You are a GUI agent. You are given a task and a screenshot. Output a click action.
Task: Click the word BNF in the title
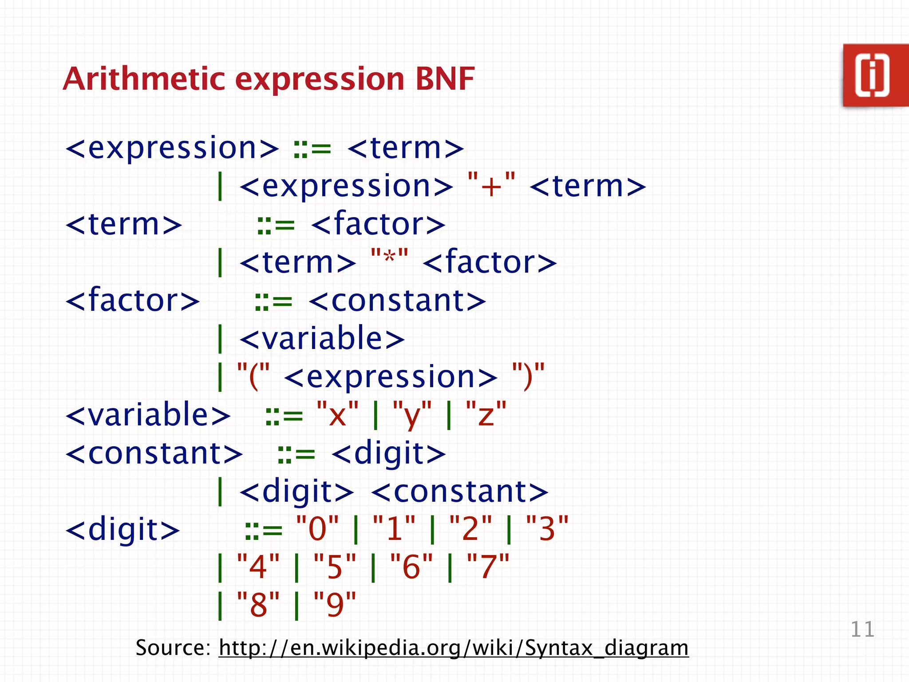[445, 79]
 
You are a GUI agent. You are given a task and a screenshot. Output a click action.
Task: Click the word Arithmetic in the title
[144, 79]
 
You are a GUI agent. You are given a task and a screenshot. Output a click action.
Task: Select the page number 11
[862, 630]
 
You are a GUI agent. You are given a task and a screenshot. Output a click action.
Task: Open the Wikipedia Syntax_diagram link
[453, 648]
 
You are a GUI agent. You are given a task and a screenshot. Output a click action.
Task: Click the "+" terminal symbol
[491, 186]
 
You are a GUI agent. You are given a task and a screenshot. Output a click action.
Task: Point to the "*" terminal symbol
[389, 261]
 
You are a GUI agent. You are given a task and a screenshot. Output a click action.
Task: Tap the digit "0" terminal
[317, 529]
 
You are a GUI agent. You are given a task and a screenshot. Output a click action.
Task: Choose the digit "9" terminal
[335, 605]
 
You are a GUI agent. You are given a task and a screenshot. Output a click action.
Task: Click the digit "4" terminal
[258, 567]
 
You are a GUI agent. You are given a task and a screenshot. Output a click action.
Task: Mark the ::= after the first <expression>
[312, 149]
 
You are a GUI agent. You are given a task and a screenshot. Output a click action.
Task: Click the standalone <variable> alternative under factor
[322, 339]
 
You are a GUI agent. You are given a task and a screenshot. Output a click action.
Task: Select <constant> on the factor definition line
[397, 301]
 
